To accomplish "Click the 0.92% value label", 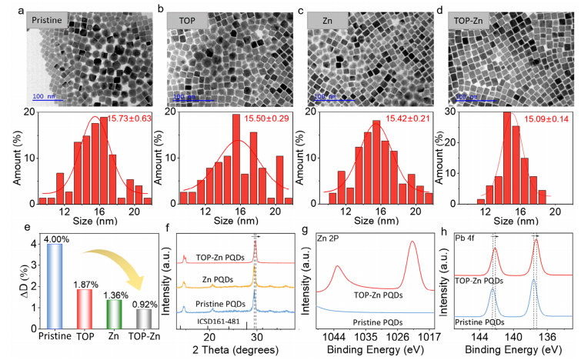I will coord(143,301).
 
